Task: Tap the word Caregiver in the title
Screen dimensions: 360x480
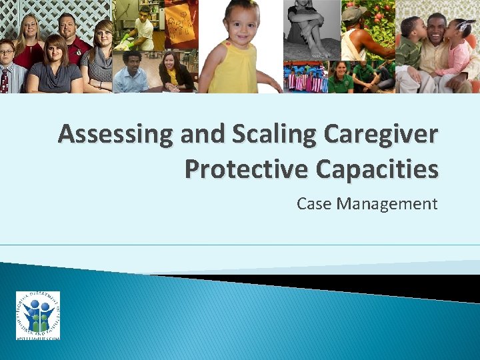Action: pos(381,134)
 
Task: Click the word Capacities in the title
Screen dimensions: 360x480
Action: pos(379,169)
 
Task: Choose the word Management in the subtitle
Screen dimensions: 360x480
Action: pos(387,203)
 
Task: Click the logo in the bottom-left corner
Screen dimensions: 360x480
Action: pos(38,316)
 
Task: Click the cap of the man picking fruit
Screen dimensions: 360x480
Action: pos(354,14)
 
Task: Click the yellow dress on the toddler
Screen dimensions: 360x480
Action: pos(233,72)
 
